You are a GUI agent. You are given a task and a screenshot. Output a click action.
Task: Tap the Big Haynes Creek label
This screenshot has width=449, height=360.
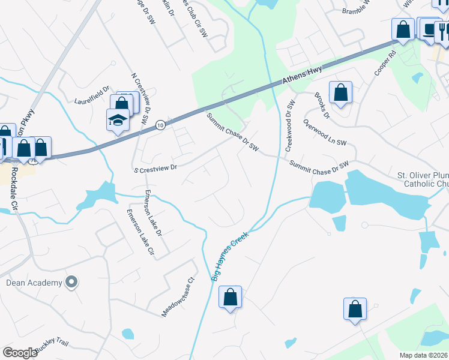coord(230,257)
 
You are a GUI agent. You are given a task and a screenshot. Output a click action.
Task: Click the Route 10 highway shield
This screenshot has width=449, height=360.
coord(159,125)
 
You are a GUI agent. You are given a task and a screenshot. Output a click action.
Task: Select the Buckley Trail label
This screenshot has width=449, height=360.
coord(52,346)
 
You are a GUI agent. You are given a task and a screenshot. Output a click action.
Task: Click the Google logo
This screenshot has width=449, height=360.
coord(20,353)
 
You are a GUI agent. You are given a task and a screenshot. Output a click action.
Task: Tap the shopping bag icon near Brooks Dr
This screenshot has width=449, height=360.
coord(340,93)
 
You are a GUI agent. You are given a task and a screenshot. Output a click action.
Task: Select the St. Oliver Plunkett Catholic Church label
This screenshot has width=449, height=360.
coord(423,180)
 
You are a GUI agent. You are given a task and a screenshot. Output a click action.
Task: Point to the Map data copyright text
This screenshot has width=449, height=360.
coord(423,355)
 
